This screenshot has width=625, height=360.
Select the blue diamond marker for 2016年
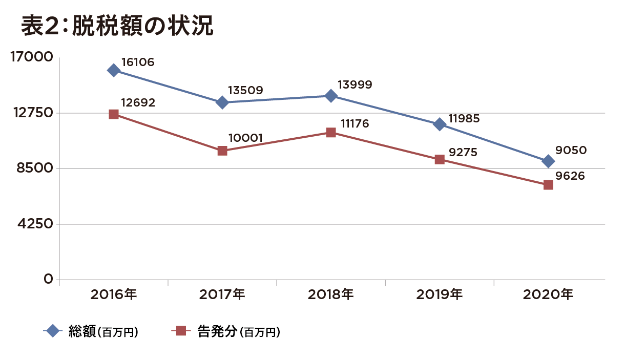114,70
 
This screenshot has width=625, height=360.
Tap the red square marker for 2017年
222,151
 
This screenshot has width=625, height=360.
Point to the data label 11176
355,124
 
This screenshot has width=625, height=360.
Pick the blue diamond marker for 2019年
439,124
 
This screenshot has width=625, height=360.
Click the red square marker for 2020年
548,185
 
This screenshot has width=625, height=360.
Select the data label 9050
571,150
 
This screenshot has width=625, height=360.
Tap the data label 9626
570,176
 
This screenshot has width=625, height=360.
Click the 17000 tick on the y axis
32,57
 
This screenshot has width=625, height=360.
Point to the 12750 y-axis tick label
32,113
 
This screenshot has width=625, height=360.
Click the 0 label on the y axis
48,279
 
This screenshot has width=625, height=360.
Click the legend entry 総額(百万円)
102,331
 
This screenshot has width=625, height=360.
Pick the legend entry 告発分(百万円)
238,331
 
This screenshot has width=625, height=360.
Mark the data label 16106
137,62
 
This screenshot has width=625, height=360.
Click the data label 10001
246,138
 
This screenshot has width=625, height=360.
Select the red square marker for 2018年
331,133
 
